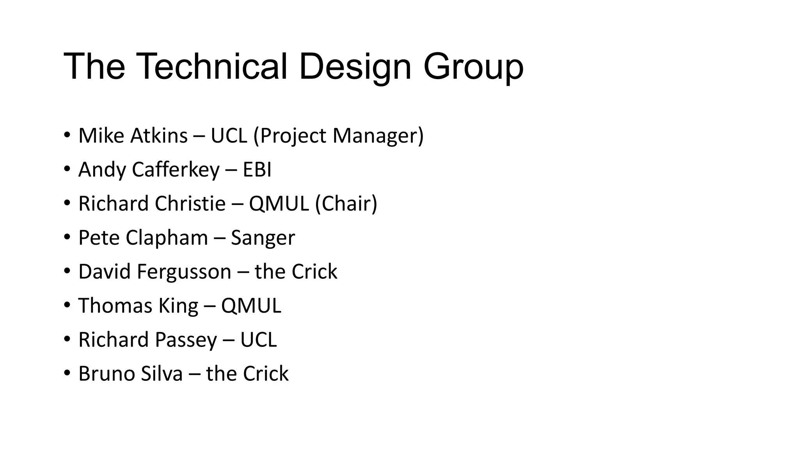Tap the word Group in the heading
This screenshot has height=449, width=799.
coord(473,67)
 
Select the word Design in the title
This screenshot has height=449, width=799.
coord(355,67)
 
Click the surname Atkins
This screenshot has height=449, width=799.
coord(159,136)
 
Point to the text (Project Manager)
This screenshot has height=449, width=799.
coord(338,136)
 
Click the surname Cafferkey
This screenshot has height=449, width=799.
coord(176,170)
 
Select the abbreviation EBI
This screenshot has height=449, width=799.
coord(257,170)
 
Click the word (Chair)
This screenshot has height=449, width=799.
coord(346,203)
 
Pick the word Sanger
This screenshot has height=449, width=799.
coord(263,237)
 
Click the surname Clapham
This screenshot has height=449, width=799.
coord(167,237)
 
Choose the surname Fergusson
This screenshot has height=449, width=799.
coord(184,271)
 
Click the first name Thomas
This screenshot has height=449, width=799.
coord(115,306)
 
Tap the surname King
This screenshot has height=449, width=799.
coord(178,306)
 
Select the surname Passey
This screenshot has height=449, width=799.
coord(186,339)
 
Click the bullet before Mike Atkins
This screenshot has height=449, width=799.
coord(67,136)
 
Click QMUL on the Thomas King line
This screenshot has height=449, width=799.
coord(251,306)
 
